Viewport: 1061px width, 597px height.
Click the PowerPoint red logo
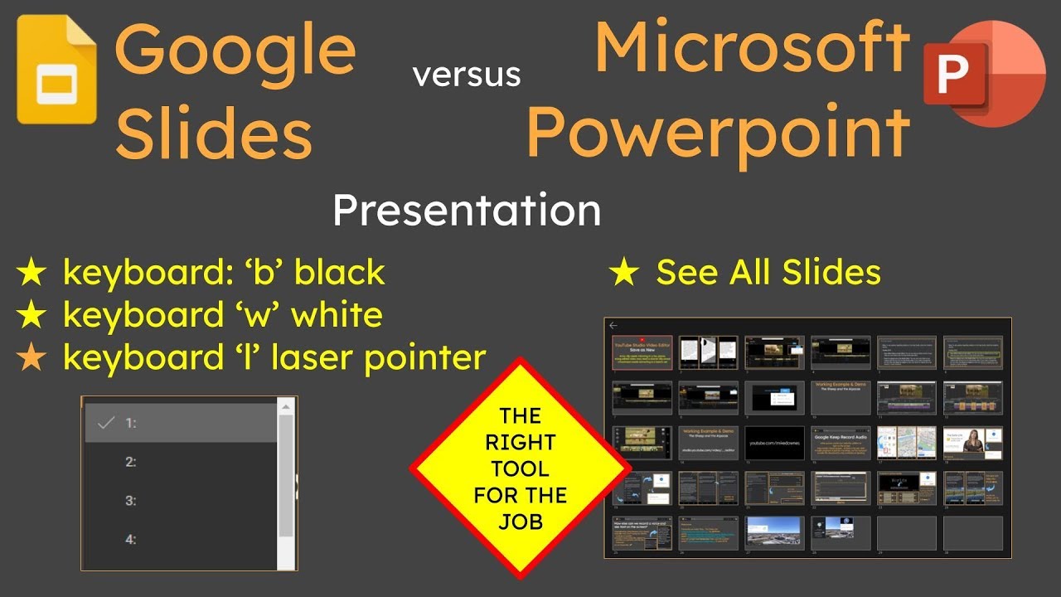tap(985, 74)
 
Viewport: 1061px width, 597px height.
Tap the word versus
tap(467, 75)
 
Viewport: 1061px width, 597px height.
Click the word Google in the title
tap(235, 50)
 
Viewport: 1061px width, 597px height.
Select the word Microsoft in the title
tap(753, 46)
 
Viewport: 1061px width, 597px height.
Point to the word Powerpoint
tap(718, 132)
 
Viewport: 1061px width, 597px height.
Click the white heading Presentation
tap(467, 211)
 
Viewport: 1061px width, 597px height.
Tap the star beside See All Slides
tap(623, 273)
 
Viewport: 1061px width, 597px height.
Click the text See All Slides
tap(768, 272)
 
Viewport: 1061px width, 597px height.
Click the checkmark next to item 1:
tap(105, 423)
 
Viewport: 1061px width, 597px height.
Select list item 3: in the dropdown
tap(131, 501)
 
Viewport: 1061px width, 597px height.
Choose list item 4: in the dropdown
tap(131, 540)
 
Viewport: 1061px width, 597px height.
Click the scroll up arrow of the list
tap(286, 406)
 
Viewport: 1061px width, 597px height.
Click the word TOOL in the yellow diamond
tap(520, 468)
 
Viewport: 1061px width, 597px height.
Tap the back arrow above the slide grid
tap(613, 326)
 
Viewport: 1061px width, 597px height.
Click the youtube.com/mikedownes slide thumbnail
tap(774, 442)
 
